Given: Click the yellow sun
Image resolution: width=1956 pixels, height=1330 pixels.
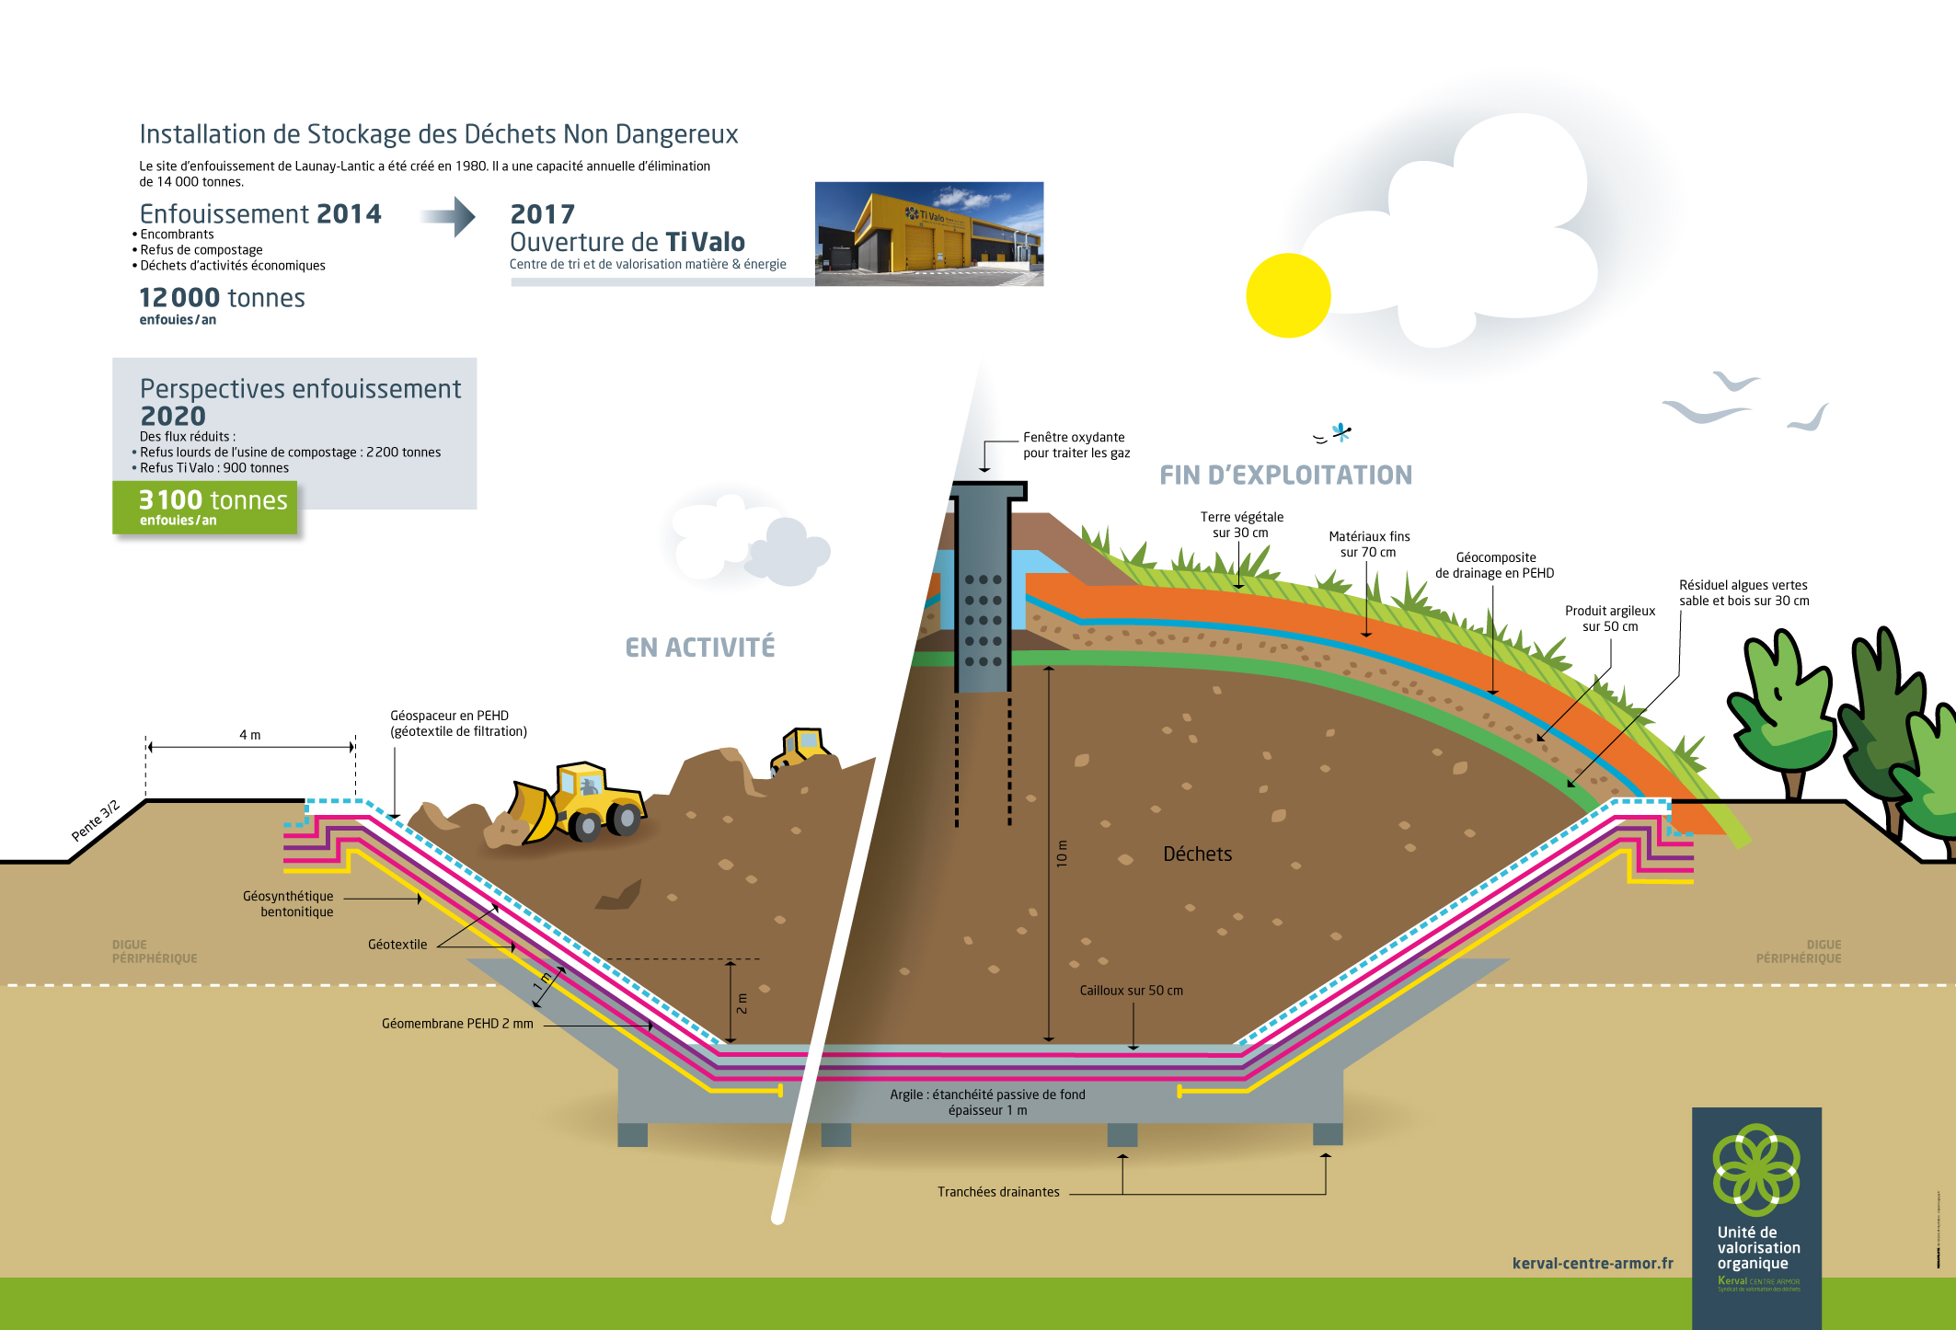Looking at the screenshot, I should tap(1288, 295).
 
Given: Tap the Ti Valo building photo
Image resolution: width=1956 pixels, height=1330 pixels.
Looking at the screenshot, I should tap(929, 234).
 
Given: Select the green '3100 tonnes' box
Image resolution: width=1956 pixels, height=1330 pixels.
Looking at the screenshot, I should tap(205, 507).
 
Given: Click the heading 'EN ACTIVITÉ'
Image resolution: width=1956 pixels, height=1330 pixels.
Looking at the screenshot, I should tap(700, 648).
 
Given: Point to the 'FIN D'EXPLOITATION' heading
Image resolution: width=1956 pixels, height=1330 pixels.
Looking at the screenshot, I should tap(1285, 475).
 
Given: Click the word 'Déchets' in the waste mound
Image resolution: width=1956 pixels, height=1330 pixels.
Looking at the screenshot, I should tap(1197, 854).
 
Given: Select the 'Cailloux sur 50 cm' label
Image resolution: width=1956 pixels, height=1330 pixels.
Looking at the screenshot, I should tap(1131, 991).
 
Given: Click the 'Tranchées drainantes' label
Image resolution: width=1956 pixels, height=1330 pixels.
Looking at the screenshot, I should tap(998, 1192).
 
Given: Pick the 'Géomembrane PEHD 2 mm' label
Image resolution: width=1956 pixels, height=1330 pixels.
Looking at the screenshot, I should tap(457, 1024).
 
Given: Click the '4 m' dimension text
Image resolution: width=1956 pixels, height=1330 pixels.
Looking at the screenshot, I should tap(250, 735).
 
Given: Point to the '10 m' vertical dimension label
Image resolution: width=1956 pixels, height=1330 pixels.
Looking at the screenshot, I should tap(1062, 854).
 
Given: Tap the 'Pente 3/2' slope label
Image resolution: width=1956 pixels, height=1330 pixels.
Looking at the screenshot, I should tap(96, 821).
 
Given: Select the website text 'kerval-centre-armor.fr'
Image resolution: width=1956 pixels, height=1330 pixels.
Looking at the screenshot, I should tap(1593, 1264).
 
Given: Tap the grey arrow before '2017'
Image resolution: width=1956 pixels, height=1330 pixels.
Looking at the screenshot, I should tap(449, 217).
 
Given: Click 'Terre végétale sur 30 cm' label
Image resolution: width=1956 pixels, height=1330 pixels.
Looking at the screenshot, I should tap(1241, 525).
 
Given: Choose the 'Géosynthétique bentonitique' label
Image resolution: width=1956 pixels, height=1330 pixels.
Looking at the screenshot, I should tap(289, 904).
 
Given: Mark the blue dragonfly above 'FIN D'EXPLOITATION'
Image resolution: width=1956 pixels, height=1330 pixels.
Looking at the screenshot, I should tap(1341, 430).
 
